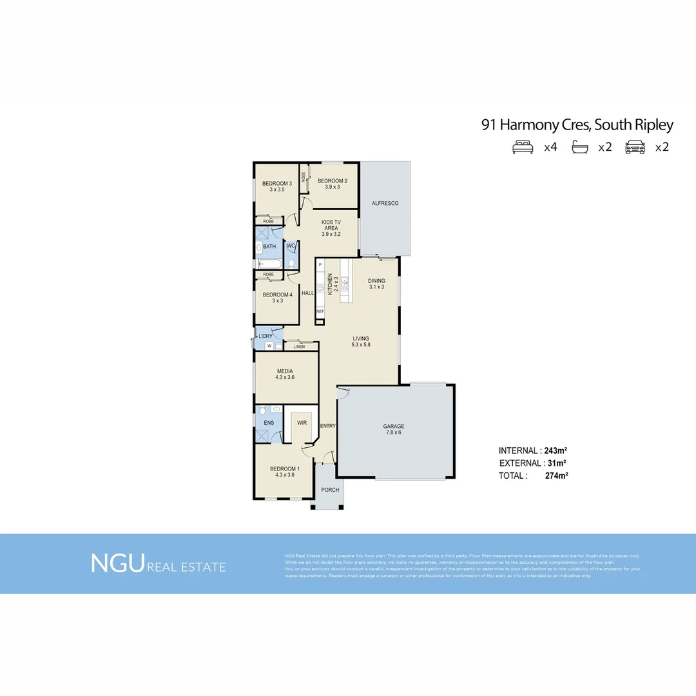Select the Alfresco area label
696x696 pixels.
click(x=385, y=203)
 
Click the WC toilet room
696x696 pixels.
click(x=291, y=246)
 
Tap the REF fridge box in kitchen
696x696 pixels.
click(x=320, y=311)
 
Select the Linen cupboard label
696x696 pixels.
click(x=299, y=347)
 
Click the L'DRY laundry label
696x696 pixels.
click(x=266, y=336)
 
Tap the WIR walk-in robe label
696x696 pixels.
click(x=302, y=423)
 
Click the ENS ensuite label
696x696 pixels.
click(x=268, y=423)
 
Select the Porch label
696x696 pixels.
click(x=330, y=490)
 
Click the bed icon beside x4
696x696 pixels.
click(x=523, y=147)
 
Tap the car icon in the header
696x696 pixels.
click(x=635, y=147)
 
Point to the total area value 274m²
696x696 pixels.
click(x=556, y=476)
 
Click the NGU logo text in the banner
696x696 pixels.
click(x=117, y=563)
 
